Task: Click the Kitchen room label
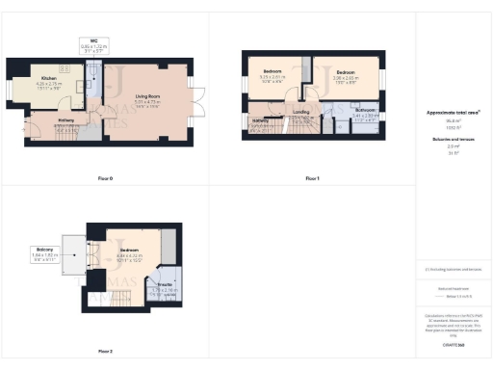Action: pos(47,79)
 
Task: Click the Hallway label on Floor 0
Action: pos(65,120)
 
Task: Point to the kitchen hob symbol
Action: pos(64,70)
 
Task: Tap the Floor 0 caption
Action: pos(106,179)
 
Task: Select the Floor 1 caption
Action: pos(312,179)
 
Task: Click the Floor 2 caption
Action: pos(106,351)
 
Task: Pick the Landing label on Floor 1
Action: pos(300,112)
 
